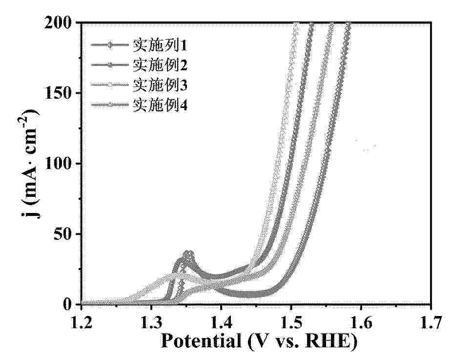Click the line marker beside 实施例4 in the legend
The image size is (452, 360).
tap(111, 104)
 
